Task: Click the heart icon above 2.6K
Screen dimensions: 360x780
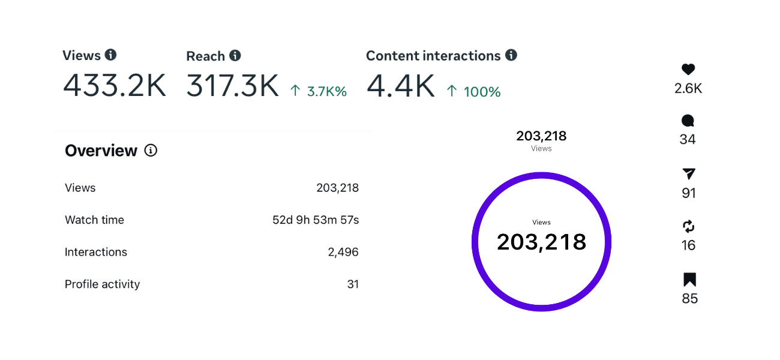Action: (688, 70)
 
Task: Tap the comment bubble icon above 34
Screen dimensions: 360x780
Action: (688, 121)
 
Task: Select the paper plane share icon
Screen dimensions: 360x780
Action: (689, 174)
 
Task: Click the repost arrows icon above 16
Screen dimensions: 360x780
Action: (689, 226)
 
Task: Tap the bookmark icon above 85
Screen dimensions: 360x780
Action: (689, 280)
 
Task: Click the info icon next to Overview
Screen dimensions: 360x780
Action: (151, 151)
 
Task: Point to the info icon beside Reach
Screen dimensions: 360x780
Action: (235, 56)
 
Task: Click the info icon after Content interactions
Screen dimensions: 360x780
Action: (511, 55)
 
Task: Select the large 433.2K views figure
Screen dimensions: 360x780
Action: (115, 86)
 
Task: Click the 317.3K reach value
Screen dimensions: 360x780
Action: (233, 86)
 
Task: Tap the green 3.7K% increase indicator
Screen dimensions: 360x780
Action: (319, 91)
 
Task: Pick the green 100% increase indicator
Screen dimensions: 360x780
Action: (473, 91)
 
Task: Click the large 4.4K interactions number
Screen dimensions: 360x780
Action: (400, 86)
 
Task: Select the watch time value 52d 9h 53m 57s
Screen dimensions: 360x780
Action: (316, 220)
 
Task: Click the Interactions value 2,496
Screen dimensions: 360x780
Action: (343, 252)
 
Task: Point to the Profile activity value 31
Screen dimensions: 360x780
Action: (353, 284)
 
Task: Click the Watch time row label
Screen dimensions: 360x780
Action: (94, 220)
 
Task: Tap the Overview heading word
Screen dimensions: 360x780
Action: (101, 151)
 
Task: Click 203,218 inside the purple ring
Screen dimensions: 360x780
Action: (541, 242)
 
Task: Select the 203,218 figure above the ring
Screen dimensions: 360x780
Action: (541, 136)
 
